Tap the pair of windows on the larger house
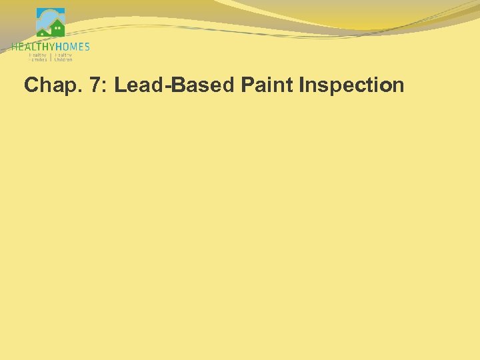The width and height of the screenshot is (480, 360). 58,28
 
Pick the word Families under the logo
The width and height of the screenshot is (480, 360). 37,59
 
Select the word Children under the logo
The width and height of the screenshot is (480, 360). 63,59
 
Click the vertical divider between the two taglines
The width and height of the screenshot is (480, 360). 51,57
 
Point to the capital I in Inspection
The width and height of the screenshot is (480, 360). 303,85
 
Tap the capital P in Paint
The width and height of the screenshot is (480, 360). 246,85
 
